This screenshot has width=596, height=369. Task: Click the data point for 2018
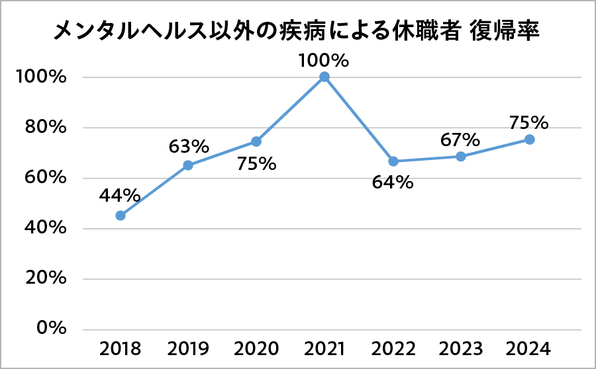121,216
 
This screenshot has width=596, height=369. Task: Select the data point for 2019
188,165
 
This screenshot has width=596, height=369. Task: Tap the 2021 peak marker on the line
324,77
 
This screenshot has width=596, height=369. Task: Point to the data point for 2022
393,161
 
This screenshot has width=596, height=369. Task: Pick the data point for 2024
530,140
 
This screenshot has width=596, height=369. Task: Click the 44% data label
120,196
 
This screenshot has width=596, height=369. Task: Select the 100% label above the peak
324,61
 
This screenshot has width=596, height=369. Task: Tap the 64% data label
393,183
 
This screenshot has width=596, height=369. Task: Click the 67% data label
460,140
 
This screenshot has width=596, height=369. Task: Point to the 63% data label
189,145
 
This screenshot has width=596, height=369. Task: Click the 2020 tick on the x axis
256,348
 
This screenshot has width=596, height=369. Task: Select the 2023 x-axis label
460,348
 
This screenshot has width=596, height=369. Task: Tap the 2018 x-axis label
120,348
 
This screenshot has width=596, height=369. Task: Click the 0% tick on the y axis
52,329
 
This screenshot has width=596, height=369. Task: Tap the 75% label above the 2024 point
529,122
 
